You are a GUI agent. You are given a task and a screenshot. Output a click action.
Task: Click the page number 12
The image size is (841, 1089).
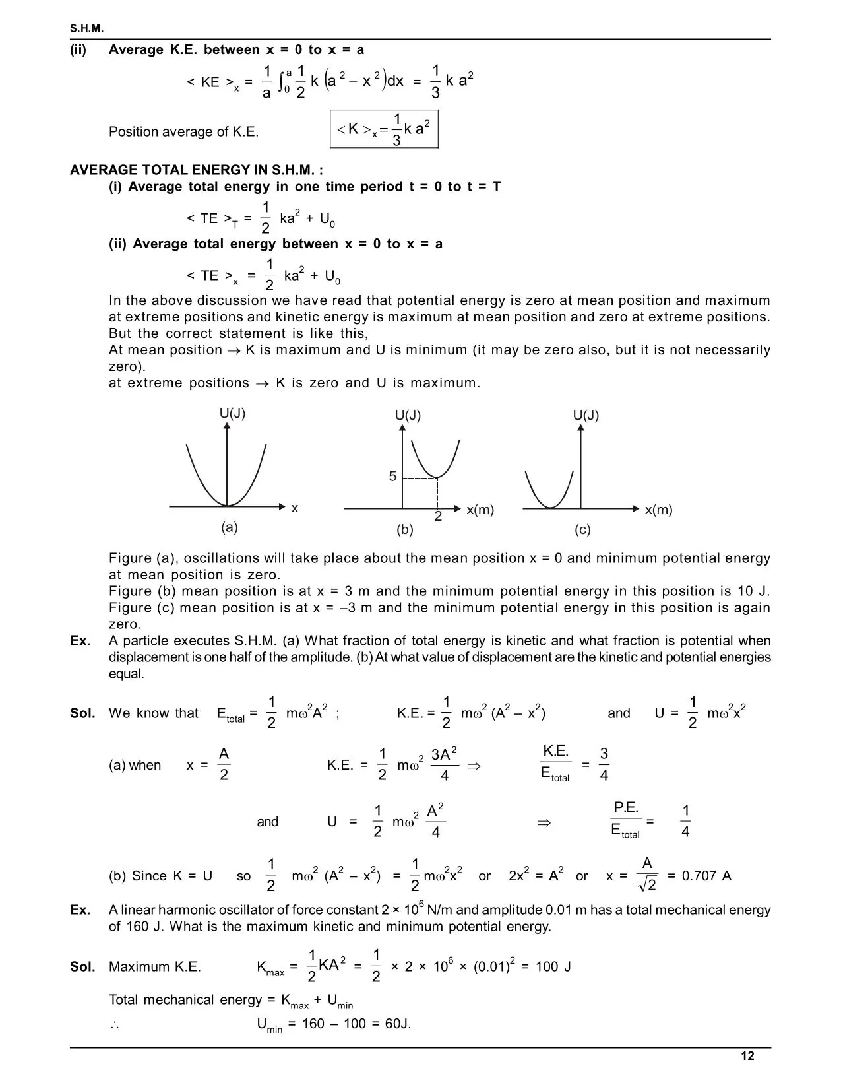pos(747,1056)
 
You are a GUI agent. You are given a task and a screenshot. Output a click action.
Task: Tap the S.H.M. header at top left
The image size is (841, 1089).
pos(87,28)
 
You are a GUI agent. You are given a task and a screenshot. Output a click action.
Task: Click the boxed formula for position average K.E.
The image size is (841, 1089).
pos(383,129)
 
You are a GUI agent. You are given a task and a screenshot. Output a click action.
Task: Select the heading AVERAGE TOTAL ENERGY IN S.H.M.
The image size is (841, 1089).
pos(197,170)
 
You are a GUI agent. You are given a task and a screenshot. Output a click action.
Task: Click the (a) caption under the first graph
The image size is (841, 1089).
pos(229,527)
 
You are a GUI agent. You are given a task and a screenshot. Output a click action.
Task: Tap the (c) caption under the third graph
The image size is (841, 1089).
pos(582,529)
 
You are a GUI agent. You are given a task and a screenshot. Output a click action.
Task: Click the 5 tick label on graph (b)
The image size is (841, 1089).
pos(392,477)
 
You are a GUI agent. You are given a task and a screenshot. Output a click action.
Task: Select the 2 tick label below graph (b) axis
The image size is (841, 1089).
pos(438,517)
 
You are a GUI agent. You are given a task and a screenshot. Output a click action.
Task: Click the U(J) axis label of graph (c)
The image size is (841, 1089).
pos(586,415)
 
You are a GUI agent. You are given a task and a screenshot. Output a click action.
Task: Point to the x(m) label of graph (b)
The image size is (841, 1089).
pos(480,510)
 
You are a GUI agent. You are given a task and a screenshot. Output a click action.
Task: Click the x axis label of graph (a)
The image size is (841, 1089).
pos(295,508)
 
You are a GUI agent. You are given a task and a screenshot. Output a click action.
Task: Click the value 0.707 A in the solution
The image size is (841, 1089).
pos(706,876)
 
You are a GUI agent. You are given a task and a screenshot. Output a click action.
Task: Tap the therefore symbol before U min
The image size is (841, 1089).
pos(114,1024)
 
